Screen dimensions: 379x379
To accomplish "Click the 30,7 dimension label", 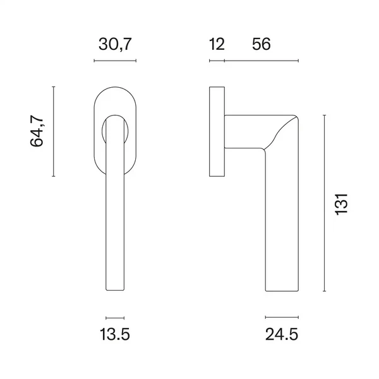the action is (115, 44).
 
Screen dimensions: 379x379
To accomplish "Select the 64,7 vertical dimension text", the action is (37, 131).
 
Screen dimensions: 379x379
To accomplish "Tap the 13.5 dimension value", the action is (115, 334).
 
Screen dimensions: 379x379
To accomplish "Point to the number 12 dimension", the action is (217, 44).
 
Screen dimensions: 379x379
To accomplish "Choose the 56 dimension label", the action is (262, 44).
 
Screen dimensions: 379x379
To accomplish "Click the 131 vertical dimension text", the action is (341, 204).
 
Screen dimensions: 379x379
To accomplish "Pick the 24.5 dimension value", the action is (282, 334).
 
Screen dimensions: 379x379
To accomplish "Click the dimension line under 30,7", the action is (115, 61).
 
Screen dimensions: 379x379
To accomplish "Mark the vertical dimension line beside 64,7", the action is (54, 131).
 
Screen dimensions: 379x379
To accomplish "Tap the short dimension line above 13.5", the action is (115, 318).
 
